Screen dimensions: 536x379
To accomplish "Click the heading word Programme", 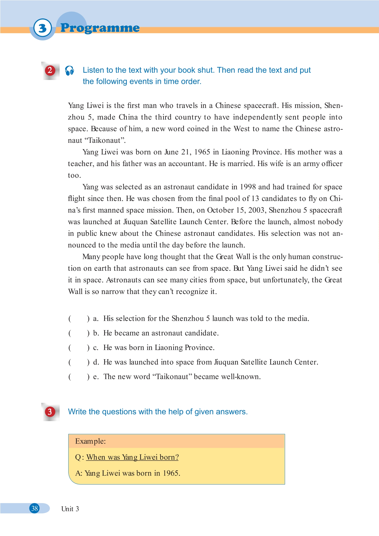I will coord(100,28).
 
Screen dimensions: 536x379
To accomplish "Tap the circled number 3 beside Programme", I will coord(42,28).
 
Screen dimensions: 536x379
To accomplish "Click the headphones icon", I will coord(70,70).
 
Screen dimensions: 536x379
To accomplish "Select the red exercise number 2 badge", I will coord(50,70).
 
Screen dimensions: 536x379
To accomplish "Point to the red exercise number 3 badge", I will coord(50,412).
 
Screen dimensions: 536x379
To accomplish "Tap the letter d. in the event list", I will coord(96,362).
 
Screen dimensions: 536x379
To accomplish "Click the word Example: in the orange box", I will coord(90,441).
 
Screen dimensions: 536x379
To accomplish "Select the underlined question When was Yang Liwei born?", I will coord(132,457).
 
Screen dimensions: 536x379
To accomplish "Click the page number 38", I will coord(35,508).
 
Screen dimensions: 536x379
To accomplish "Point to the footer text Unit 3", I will coord(70,509).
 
